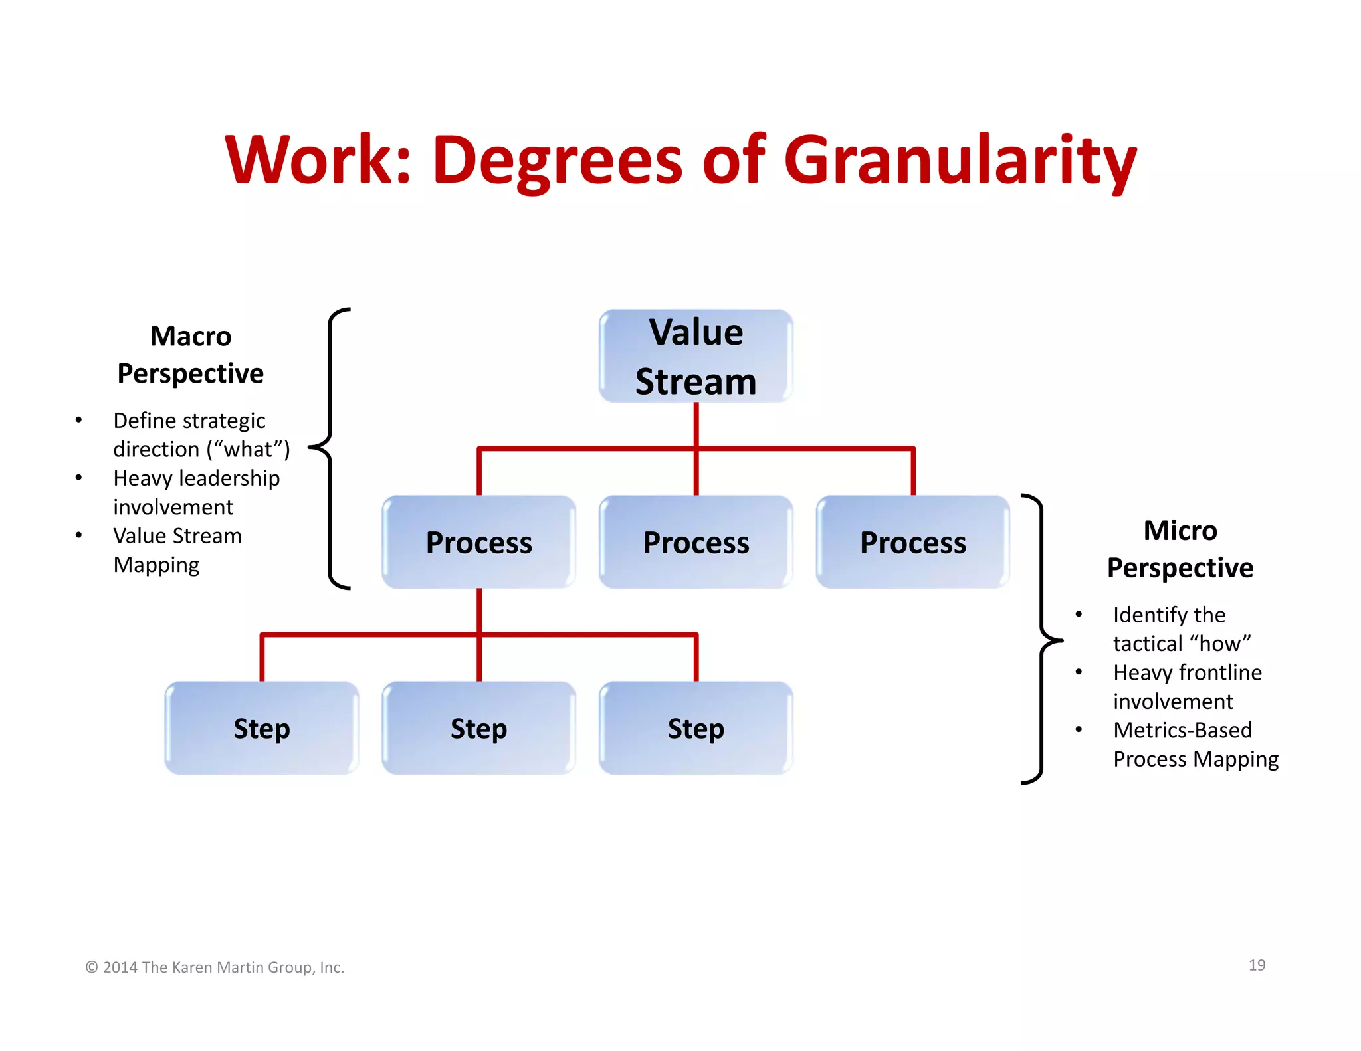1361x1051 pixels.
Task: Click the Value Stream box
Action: [x=696, y=356]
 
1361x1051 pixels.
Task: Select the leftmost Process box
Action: [x=478, y=542]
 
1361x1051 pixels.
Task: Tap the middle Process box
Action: [x=696, y=542]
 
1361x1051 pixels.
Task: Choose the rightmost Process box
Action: [x=912, y=542]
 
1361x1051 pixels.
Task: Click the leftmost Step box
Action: [x=262, y=728]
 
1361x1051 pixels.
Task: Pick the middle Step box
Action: [x=478, y=728]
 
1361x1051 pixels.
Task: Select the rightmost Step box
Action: [x=696, y=728]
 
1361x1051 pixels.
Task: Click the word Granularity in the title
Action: [x=960, y=161]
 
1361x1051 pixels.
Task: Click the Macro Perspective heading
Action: [x=191, y=355]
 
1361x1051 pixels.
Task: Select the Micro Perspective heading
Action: [x=1180, y=549]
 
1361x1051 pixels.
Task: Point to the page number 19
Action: [x=1257, y=965]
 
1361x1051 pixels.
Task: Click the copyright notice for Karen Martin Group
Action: [x=215, y=967]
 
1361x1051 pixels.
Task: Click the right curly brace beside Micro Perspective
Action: [x=1041, y=639]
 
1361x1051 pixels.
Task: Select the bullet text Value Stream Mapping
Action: [x=177, y=550]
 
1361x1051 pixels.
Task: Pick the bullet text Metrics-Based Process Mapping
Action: [x=1195, y=744]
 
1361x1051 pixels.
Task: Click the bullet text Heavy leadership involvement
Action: [x=196, y=492]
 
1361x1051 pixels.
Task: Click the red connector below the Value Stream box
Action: [x=696, y=425]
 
